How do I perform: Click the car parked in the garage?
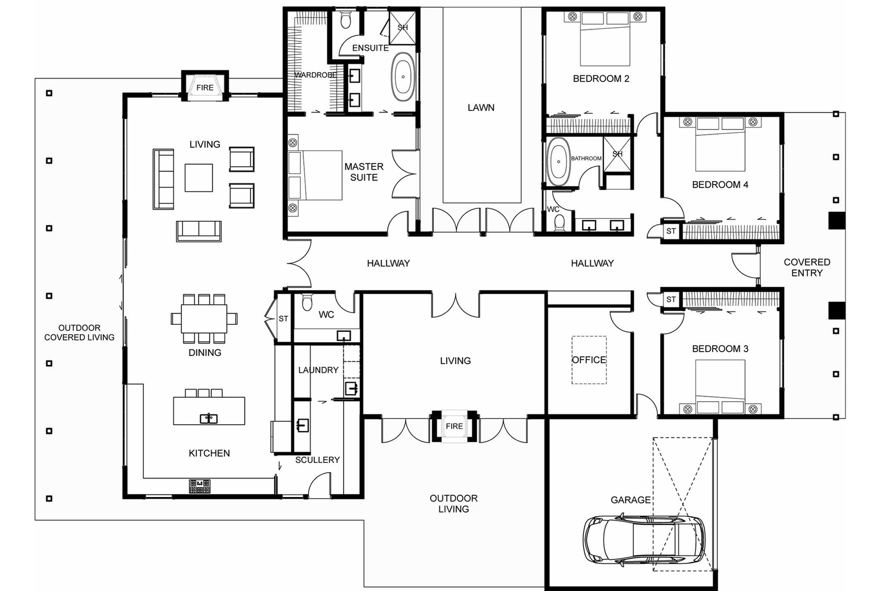pos(643,540)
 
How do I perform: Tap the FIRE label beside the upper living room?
pos(204,88)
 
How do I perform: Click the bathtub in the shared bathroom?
pos(558,162)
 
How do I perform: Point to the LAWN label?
pos(480,107)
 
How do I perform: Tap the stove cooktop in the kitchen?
pos(200,487)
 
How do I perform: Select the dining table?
pos(204,319)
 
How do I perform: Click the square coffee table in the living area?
pos(199,178)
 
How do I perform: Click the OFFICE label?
pos(588,360)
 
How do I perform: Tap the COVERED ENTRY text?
pos(806,267)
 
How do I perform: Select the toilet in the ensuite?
pos(346,22)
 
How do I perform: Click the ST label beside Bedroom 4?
pos(670,231)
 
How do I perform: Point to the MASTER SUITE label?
pos(364,172)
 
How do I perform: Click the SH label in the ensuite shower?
pos(402,28)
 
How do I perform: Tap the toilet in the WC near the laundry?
pos(307,302)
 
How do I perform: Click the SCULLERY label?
pos(317,460)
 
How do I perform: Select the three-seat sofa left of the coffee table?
pos(163,179)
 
